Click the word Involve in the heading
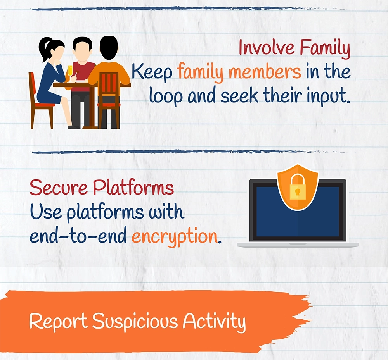tap(267, 47)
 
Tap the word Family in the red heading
tap(325, 49)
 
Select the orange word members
tap(265, 71)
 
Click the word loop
tap(166, 96)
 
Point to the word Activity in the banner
tap(214, 322)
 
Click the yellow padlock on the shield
tap(297, 187)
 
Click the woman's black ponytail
tap(45, 49)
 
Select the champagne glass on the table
tap(70, 72)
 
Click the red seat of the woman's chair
tap(45, 105)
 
